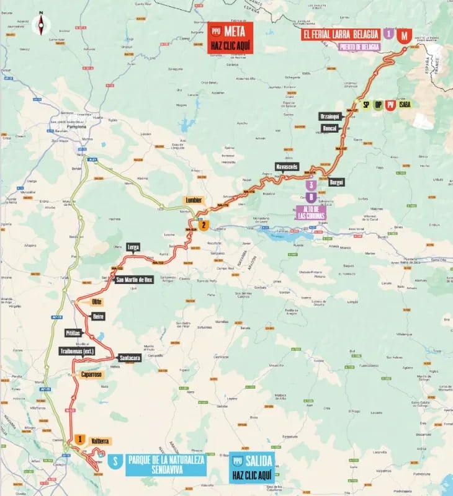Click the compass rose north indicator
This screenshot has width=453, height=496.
tap(42, 24)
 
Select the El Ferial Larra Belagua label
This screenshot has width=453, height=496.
tap(340, 35)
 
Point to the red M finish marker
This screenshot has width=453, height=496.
tap(404, 35)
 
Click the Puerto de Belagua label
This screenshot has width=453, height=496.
tap(359, 46)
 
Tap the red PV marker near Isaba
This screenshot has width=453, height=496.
tap(390, 105)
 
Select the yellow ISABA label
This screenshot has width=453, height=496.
tap(406, 105)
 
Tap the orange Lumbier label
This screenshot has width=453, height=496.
tap(193, 200)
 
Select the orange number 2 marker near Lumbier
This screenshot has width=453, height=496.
tap(204, 226)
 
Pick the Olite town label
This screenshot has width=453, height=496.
tap(96, 301)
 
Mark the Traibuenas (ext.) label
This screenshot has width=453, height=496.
tap(76, 350)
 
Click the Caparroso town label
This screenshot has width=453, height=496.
tap(91, 374)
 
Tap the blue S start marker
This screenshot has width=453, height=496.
tap(114, 461)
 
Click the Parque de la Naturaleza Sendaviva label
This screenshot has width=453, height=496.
tap(166, 465)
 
